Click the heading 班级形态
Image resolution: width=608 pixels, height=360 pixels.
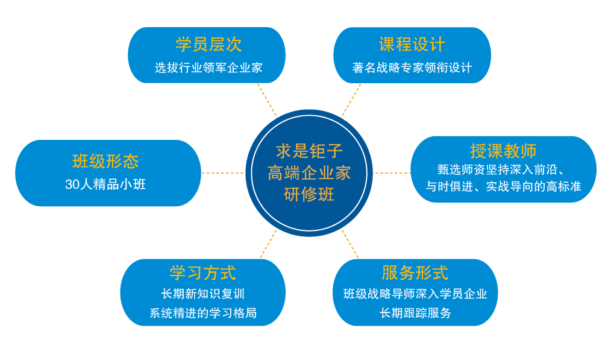(x=105, y=162)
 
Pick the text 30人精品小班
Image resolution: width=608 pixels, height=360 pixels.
(x=105, y=185)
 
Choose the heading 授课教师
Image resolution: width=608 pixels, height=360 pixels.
(x=503, y=151)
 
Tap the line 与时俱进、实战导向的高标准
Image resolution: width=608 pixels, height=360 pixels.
(x=503, y=187)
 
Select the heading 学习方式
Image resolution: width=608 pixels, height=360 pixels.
(x=202, y=273)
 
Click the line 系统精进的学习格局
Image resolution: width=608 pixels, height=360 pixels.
(x=202, y=313)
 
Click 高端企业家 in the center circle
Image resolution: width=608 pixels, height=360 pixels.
(x=309, y=173)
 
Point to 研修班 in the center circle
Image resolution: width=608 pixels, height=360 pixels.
(x=309, y=195)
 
